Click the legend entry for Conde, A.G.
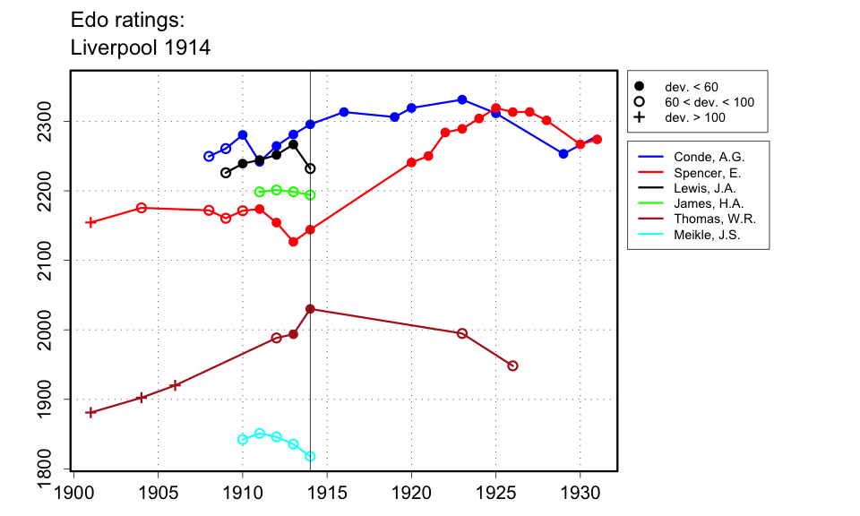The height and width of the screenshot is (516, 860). point(709,157)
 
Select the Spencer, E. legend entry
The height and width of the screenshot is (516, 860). point(708,173)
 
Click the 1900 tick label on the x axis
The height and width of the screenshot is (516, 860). point(73,492)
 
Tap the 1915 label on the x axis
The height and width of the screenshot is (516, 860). point(327,492)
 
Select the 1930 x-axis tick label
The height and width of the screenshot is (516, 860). point(580,492)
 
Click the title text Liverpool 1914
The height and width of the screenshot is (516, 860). point(141,48)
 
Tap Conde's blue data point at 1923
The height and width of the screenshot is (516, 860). point(462,99)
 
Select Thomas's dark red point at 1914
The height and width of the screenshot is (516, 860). point(310,309)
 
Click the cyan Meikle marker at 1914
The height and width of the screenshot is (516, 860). point(310,456)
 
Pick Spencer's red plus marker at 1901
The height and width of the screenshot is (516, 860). point(90,222)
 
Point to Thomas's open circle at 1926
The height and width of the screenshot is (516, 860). point(512,365)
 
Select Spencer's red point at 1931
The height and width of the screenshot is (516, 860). point(598,139)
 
